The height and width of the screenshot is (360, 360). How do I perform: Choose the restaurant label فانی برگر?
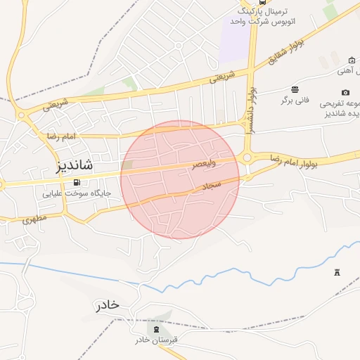click(x=295, y=101)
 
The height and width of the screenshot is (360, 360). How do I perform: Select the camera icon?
click(x=345, y=92)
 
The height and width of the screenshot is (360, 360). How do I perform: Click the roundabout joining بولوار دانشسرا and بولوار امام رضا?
click(x=247, y=158)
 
